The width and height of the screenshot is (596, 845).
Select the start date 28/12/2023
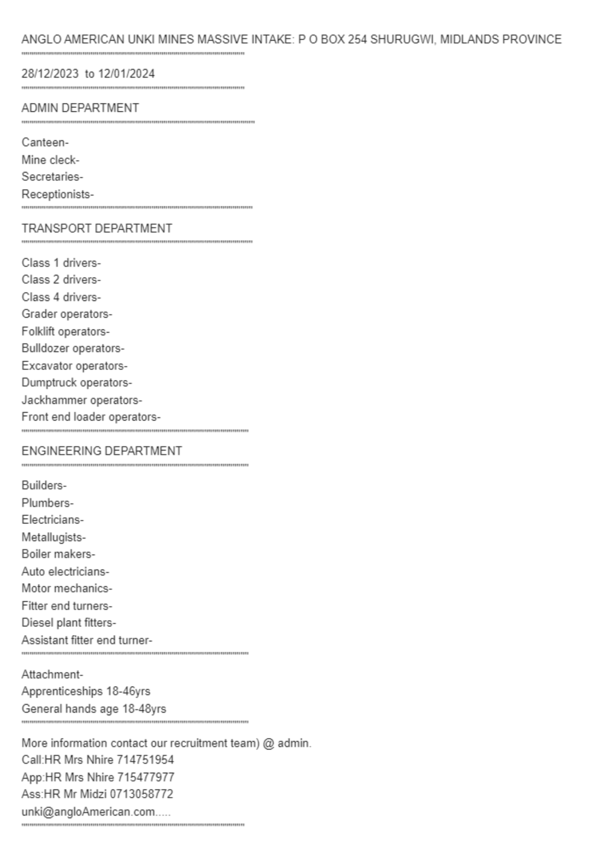point(50,74)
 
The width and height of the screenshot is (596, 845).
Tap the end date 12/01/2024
point(126,74)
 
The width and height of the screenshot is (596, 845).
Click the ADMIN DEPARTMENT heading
point(80,108)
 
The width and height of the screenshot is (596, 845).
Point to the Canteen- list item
point(45,142)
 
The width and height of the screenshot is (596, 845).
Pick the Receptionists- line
point(58,194)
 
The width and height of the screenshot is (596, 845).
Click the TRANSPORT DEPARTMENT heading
point(97,228)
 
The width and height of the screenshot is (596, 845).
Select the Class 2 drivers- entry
point(61,280)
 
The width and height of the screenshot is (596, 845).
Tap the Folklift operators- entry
point(66,331)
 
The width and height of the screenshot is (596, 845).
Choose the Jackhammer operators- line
point(82,400)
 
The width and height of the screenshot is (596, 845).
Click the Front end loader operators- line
point(91,417)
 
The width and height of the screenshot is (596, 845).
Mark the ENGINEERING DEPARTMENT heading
point(102,451)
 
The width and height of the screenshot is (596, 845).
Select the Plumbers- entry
point(48,503)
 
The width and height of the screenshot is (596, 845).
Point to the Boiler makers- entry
point(58,554)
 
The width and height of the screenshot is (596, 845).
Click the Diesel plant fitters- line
point(69,623)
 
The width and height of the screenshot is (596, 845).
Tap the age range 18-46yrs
point(128,691)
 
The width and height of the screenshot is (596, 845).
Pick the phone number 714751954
point(145,760)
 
